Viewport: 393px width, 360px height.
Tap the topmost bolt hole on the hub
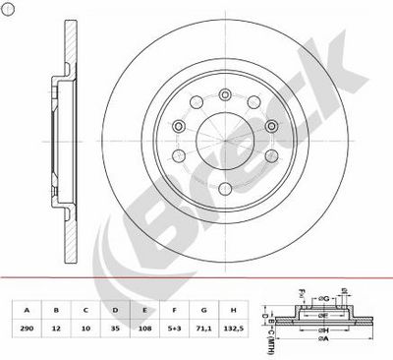click(222, 87)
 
